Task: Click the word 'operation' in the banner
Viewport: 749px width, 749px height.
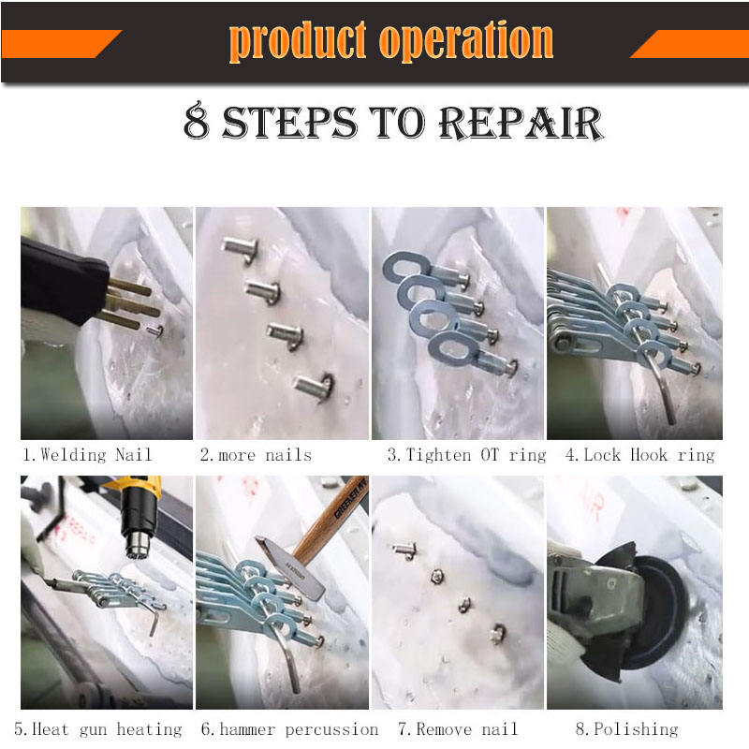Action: coord(465,41)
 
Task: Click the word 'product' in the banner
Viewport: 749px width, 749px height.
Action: coord(297,41)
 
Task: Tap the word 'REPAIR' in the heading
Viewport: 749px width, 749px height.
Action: coord(521,123)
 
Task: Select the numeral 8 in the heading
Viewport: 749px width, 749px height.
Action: coord(197,121)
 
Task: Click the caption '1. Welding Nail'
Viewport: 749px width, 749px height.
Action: coord(87,454)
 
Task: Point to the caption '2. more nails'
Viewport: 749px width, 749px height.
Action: coord(256,455)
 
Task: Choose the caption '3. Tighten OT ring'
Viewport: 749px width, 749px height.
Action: coord(466,455)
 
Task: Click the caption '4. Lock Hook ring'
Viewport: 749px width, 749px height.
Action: coord(640,455)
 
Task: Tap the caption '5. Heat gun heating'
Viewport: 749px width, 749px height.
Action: coord(98,729)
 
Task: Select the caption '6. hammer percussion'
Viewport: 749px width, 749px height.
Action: coord(289,729)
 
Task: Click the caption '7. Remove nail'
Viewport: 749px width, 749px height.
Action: coord(458,729)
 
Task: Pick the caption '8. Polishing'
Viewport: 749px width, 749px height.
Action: coord(626,729)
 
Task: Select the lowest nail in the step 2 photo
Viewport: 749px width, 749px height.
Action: coord(314,386)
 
